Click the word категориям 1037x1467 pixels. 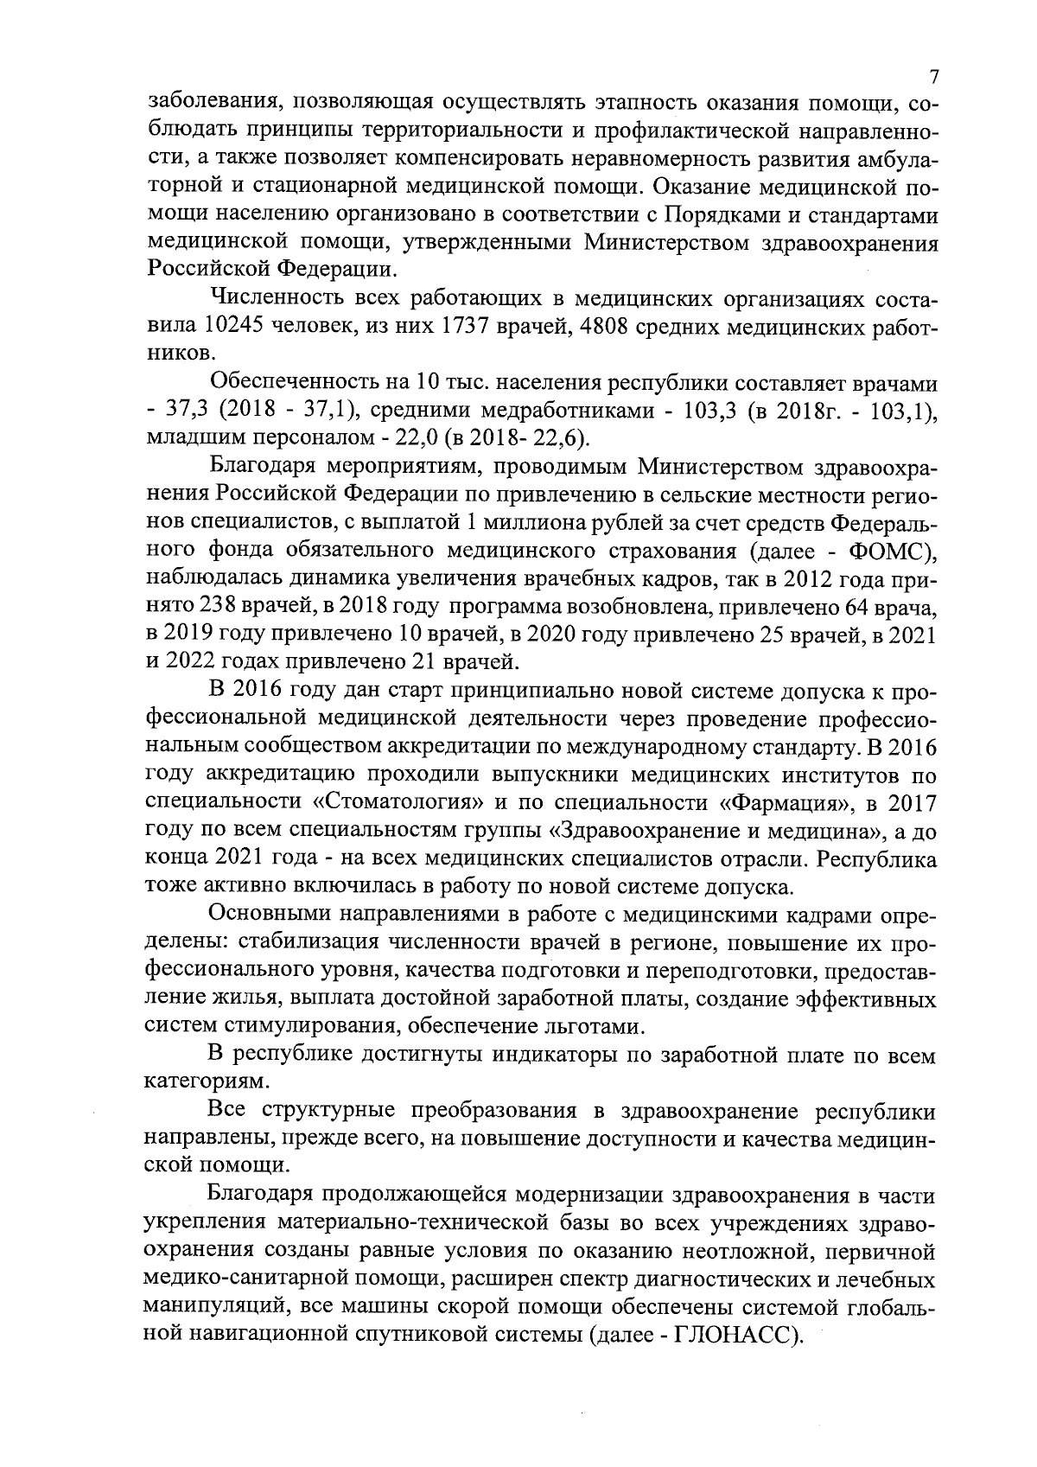(x=194, y=1081)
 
